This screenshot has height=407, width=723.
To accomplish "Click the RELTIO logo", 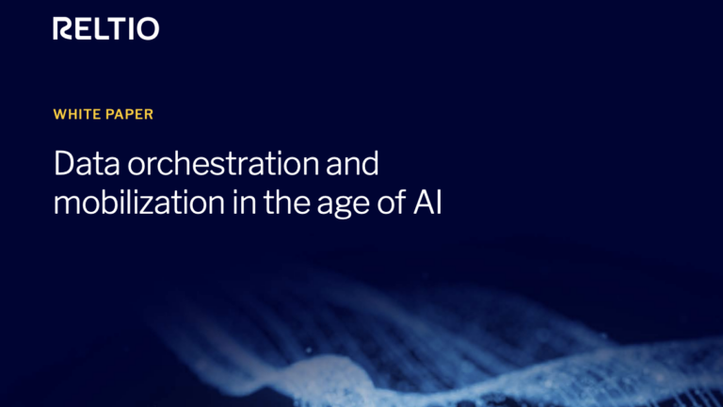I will tap(106, 29).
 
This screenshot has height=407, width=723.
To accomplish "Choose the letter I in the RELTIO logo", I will tap(130, 29).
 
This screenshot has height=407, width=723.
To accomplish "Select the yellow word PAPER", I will tap(128, 115).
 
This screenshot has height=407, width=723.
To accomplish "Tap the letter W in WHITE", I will tap(60, 115).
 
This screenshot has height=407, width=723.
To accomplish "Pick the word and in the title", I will tap(351, 165).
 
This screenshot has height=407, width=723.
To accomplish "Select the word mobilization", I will tap(147, 203).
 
